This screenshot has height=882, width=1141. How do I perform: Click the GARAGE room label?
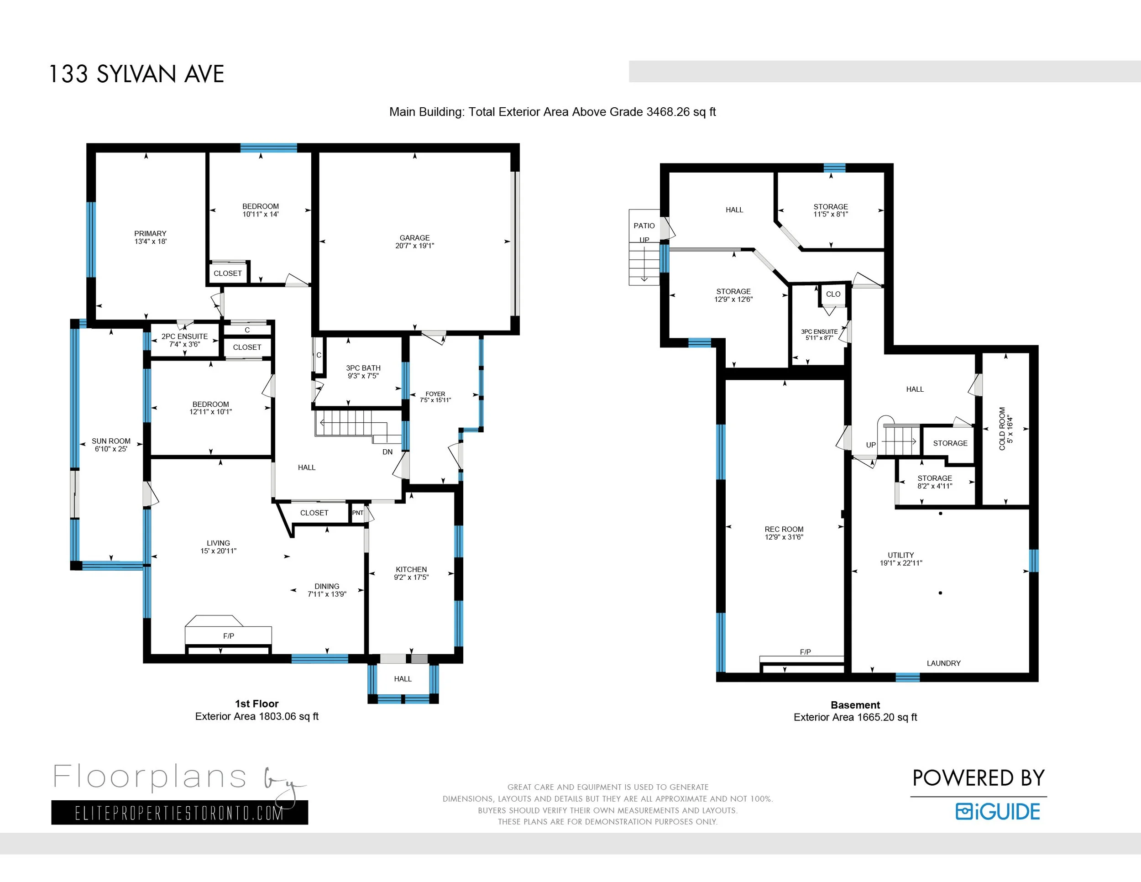(x=414, y=238)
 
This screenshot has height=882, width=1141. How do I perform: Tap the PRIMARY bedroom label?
(x=151, y=234)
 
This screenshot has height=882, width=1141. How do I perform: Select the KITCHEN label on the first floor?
(x=411, y=570)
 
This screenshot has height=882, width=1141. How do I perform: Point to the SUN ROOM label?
(x=111, y=441)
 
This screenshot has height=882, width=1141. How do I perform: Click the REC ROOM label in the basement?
(x=784, y=529)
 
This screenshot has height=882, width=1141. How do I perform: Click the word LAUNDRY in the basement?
(x=943, y=663)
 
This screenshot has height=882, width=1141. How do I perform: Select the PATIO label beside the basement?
(x=644, y=226)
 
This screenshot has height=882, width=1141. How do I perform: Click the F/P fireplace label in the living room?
(x=228, y=636)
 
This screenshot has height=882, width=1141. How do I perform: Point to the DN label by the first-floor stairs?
(x=387, y=452)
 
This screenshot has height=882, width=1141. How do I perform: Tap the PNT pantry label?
(x=357, y=513)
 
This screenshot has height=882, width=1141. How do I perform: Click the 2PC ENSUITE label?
(x=184, y=336)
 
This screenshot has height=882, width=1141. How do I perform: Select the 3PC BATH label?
(x=363, y=368)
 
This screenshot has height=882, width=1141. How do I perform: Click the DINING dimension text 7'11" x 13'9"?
(x=327, y=594)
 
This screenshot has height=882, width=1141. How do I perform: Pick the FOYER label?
(x=435, y=394)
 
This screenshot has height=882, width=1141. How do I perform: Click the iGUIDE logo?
(x=998, y=811)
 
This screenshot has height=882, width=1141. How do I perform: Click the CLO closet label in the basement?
(x=833, y=294)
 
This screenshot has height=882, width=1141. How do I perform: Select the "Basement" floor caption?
(x=855, y=705)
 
